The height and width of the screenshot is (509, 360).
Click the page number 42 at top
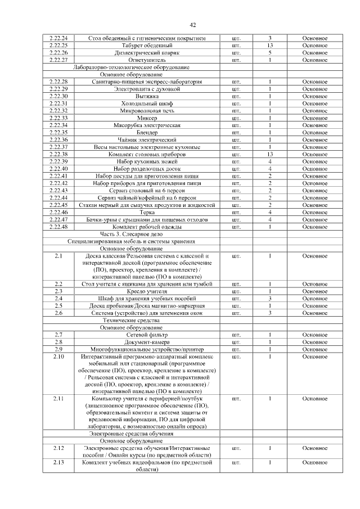pos(192,25)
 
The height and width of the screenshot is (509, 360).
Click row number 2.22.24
pos(58,38)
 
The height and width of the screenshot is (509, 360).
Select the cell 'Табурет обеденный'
pos(147,45)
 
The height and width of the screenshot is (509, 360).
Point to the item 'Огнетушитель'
pos(147,60)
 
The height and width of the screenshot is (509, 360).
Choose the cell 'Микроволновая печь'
pos(147,111)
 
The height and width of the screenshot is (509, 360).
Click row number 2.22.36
pos(58,139)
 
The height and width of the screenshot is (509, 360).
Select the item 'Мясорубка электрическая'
pos(147,125)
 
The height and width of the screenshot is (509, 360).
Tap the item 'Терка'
pos(147,213)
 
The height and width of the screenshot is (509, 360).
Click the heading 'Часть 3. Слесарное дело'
pos(131,234)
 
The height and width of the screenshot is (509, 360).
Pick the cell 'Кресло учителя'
pos(147,291)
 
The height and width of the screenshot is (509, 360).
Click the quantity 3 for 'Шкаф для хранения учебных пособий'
pos(270,299)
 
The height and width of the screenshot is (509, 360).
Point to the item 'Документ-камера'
pos(147,342)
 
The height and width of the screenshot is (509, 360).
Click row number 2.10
pos(58,357)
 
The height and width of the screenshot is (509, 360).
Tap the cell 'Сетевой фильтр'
pos(147,335)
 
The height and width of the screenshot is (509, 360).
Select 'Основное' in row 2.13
pos(314,462)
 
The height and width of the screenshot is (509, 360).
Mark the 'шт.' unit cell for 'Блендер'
pos(236,132)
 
